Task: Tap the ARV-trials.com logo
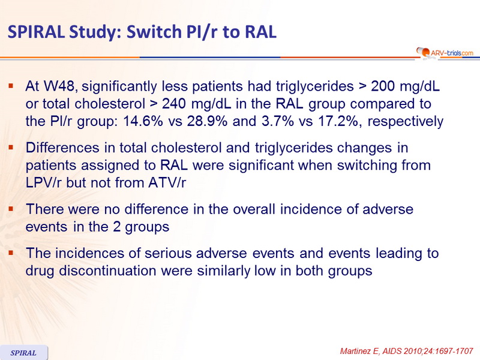(x=445, y=52)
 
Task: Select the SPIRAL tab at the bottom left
(x=23, y=353)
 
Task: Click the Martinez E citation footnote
(x=407, y=351)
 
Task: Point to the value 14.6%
(x=143, y=121)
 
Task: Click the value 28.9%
(x=207, y=121)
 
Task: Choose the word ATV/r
(x=167, y=183)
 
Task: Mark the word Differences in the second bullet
(x=62, y=148)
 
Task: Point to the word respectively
(x=406, y=122)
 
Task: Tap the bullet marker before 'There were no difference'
(x=11, y=209)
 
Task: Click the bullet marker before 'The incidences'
(x=11, y=253)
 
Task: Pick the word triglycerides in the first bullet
(x=314, y=86)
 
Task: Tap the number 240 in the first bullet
(x=173, y=104)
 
